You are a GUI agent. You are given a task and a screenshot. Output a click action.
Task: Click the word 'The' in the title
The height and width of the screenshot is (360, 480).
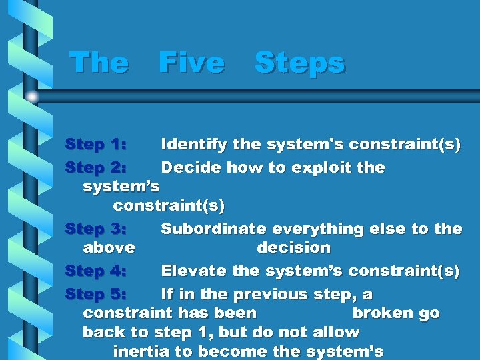point(99,63)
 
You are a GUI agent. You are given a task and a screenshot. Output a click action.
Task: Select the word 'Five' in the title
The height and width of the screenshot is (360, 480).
point(191,63)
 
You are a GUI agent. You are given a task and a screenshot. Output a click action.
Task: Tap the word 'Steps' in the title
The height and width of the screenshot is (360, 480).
point(299,63)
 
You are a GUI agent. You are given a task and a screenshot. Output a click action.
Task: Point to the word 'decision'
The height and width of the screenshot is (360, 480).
point(293,248)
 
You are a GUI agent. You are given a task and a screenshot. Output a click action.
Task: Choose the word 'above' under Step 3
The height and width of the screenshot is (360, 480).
point(109,248)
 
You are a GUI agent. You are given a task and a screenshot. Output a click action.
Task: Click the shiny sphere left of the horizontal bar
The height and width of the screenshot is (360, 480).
point(32,96)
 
